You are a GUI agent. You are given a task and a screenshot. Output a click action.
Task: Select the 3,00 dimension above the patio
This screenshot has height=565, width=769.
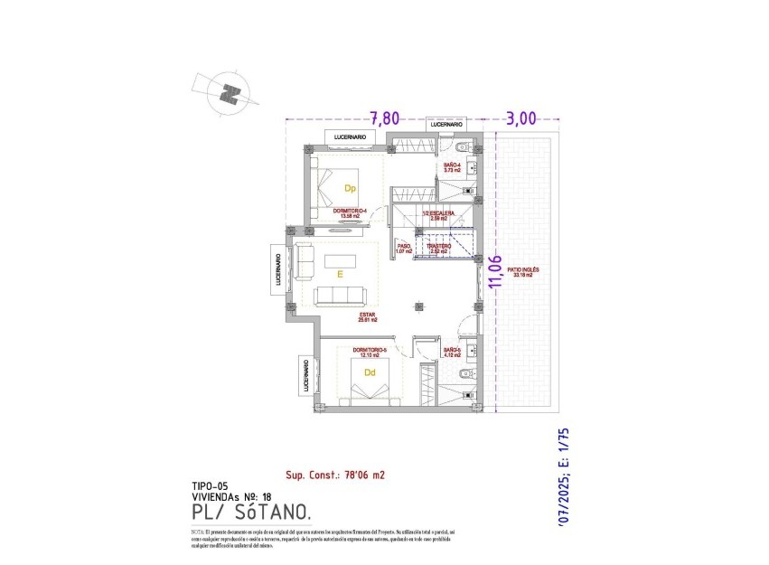pos(521,118)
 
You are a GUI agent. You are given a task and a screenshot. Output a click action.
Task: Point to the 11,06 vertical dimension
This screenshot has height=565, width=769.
pos(493,271)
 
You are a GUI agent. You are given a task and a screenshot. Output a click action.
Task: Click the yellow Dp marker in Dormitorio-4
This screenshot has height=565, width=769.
pos(349,189)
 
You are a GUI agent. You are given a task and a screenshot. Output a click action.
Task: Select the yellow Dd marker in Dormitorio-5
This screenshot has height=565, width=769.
pos(370,371)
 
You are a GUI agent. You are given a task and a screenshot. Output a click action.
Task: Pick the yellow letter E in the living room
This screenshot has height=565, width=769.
pos(340,273)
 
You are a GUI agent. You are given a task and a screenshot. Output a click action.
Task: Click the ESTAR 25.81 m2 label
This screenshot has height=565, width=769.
pos(367,317)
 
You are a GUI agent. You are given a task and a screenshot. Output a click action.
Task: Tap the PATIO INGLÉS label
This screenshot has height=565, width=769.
pos(524,271)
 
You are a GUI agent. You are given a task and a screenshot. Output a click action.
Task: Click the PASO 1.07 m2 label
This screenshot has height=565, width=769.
pos(404,248)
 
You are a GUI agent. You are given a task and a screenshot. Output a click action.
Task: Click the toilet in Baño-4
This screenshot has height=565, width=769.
pos(462,147)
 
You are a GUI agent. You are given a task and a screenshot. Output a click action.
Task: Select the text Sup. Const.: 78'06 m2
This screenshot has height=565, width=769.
pos(336,474)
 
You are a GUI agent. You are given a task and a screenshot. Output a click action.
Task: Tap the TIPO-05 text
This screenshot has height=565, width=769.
pos(211,485)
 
